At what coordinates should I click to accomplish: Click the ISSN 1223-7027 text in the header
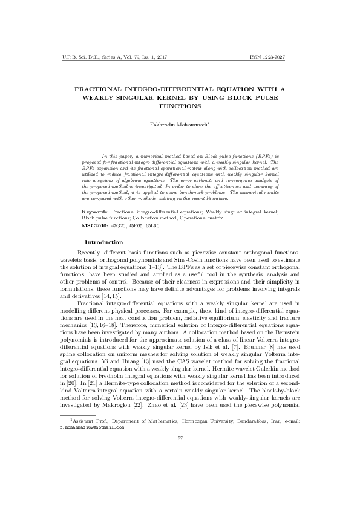click(267, 57)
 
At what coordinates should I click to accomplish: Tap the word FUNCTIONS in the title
click(180, 106)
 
